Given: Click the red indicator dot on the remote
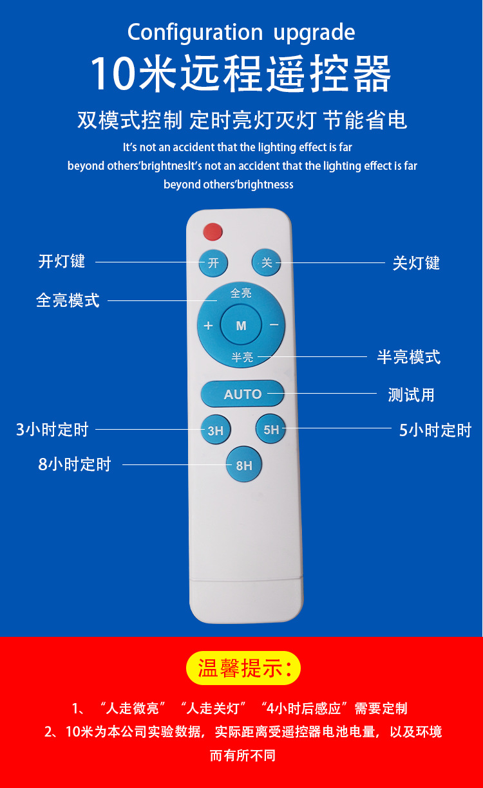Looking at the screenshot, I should (213, 230).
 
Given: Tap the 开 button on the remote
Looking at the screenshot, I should (213, 262).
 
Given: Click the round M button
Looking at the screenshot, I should (241, 325).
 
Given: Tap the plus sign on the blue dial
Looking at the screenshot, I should (208, 325).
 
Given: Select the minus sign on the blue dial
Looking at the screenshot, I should (274, 325).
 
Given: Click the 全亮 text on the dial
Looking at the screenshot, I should (241, 293).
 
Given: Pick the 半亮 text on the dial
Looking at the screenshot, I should (242, 358).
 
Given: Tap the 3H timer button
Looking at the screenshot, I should (215, 430).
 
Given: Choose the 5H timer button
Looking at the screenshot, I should (271, 429).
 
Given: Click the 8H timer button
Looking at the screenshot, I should (244, 465).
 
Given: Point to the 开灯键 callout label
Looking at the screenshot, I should (62, 261).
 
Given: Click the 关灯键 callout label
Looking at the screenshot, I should (416, 263).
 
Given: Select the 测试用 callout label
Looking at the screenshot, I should (411, 394).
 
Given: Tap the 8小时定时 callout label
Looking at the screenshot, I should (75, 464).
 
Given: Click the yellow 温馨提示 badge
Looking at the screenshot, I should (243, 668).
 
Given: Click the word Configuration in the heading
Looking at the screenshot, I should (194, 32).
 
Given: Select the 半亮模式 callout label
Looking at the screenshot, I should (408, 357).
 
